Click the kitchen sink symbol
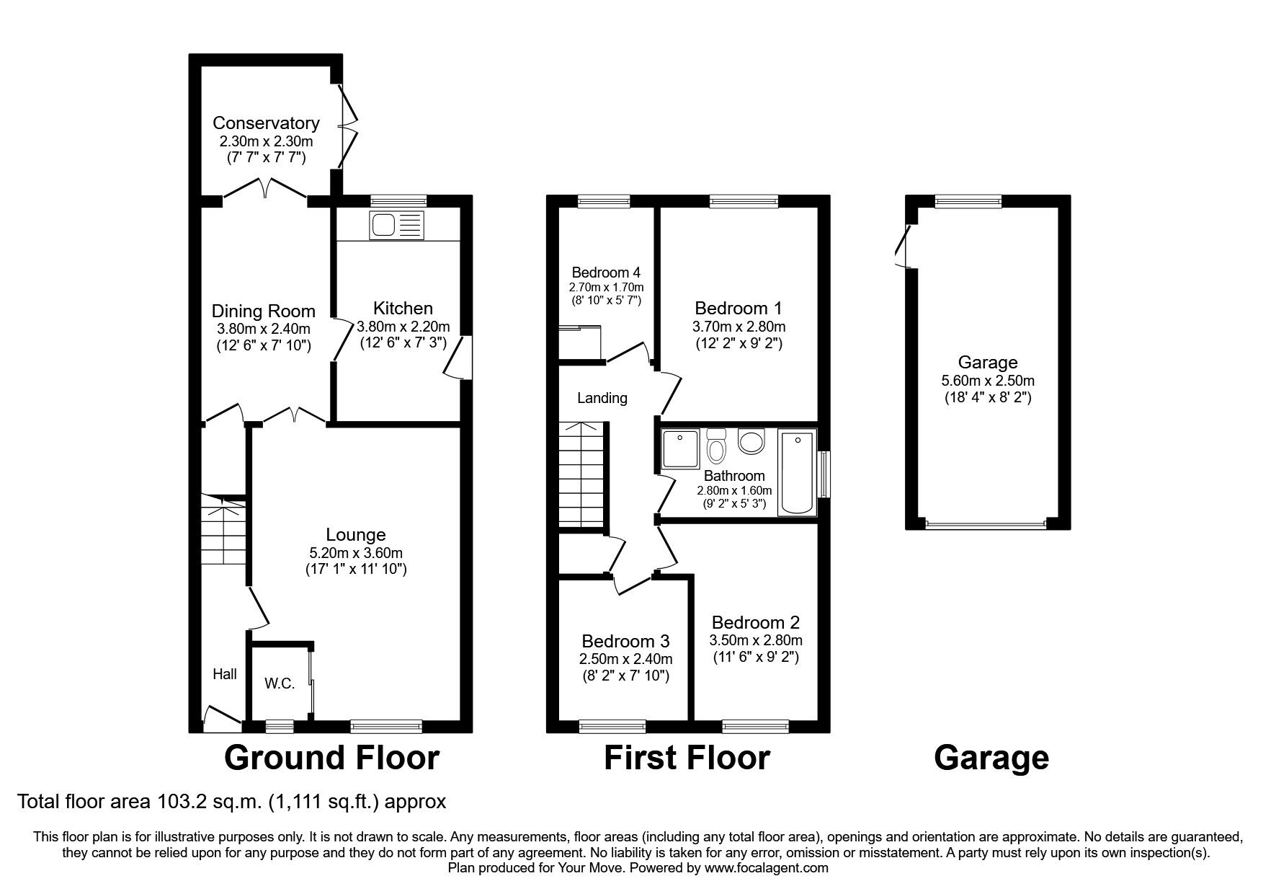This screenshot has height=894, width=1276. tap(397, 225)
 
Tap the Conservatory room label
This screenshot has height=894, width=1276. tap(265, 123)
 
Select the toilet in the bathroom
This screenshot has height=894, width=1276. tap(716, 447)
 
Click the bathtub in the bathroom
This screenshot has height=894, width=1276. tap(797, 472)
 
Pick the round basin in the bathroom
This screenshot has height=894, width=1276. tap(751, 442)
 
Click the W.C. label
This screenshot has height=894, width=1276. tap(279, 683)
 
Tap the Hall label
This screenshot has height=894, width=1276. tap(224, 674)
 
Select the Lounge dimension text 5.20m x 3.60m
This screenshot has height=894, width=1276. tap(355, 553)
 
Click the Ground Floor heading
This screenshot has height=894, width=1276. tap(331, 758)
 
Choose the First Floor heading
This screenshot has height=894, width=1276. tap(686, 758)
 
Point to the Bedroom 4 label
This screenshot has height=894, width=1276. tap(605, 273)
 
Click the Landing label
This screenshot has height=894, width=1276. tap(602, 398)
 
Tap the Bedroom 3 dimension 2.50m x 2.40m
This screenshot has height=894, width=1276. tap(625, 659)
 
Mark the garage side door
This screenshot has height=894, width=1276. tap(903, 247)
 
